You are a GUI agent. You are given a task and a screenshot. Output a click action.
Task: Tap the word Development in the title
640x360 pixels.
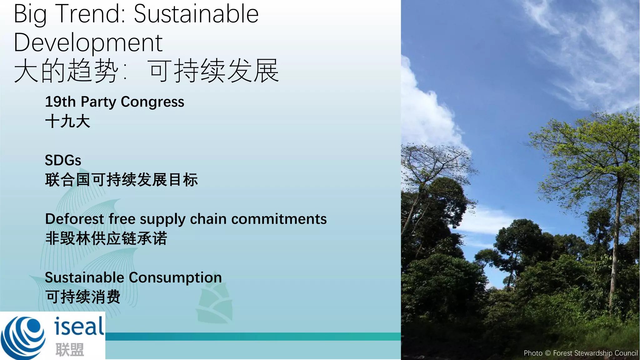(88, 43)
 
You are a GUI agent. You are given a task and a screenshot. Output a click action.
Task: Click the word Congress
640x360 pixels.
(152, 102)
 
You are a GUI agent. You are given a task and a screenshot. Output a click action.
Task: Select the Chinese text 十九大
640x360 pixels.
(67, 121)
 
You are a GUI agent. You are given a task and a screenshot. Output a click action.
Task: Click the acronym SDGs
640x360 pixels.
(63, 160)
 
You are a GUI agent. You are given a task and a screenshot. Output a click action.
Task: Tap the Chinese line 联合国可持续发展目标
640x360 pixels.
(121, 180)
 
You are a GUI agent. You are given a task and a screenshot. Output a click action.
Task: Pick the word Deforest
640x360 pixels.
(74, 219)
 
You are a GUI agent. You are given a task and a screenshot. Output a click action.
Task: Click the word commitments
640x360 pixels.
(279, 219)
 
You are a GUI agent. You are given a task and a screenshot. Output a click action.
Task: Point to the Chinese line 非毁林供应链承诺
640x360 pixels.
(106, 238)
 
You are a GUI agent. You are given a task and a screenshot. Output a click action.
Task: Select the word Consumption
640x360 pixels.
(175, 277)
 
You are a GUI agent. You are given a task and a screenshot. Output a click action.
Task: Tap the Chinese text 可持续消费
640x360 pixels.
(83, 297)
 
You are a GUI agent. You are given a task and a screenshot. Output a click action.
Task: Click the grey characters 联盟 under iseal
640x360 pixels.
(70, 349)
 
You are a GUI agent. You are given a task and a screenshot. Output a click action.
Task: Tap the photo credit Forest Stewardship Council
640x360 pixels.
(595, 353)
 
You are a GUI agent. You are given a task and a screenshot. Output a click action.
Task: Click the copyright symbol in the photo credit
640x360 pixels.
(548, 353)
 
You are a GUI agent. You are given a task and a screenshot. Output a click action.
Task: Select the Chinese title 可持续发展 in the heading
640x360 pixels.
(213, 71)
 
